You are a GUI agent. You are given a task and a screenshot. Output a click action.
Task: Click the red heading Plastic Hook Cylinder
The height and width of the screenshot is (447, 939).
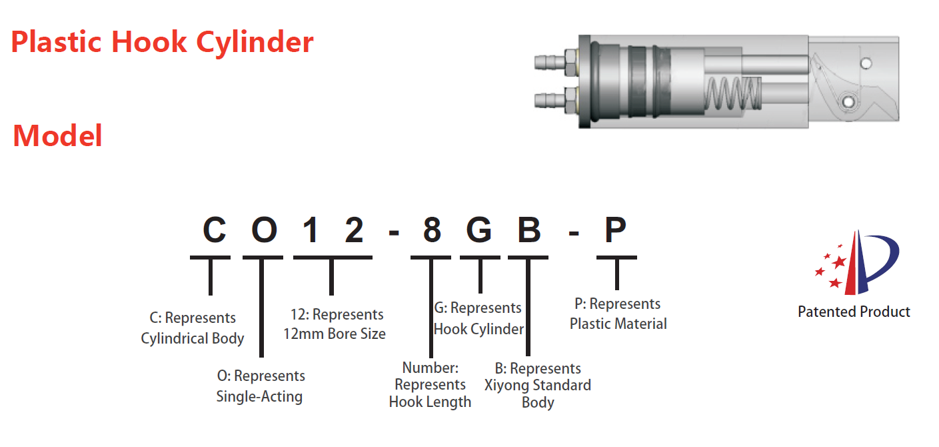pyautogui.click(x=162, y=43)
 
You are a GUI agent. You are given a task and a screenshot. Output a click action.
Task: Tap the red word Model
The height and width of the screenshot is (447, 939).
pyautogui.click(x=58, y=136)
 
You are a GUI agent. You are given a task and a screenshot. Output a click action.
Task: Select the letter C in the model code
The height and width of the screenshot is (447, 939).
pyautogui.click(x=214, y=230)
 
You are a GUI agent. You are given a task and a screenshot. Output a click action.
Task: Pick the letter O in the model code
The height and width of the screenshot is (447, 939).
pyautogui.click(x=264, y=230)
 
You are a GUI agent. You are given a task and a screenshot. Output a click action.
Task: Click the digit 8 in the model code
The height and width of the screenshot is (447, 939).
pyautogui.click(x=432, y=230)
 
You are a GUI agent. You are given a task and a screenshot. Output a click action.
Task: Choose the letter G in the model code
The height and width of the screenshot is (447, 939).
pyautogui.click(x=479, y=230)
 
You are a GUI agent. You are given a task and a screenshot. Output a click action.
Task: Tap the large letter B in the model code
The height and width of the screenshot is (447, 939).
pyautogui.click(x=528, y=230)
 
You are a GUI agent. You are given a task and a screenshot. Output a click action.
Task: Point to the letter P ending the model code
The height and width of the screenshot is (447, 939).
pyautogui.click(x=615, y=230)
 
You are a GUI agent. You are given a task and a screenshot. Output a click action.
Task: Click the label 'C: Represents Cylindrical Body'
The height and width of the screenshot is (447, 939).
pyautogui.click(x=193, y=328)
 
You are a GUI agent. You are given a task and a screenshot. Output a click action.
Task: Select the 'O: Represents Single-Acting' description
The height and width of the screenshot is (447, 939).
pyautogui.click(x=260, y=386)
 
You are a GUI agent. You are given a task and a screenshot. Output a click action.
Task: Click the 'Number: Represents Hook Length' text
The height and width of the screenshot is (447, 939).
pyautogui.click(x=430, y=385)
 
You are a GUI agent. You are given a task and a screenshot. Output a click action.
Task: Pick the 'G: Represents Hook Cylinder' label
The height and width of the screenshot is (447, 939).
pyautogui.click(x=478, y=318)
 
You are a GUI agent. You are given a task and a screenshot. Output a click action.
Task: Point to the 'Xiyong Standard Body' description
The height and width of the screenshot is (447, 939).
pyautogui.click(x=538, y=386)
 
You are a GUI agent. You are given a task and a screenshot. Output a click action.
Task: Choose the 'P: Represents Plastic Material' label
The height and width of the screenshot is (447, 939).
pyautogui.click(x=618, y=314)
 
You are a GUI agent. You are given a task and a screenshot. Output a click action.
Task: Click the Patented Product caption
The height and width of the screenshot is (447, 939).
pyautogui.click(x=854, y=312)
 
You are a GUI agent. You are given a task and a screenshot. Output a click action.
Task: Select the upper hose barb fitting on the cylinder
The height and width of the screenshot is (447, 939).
pyautogui.click(x=549, y=63)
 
